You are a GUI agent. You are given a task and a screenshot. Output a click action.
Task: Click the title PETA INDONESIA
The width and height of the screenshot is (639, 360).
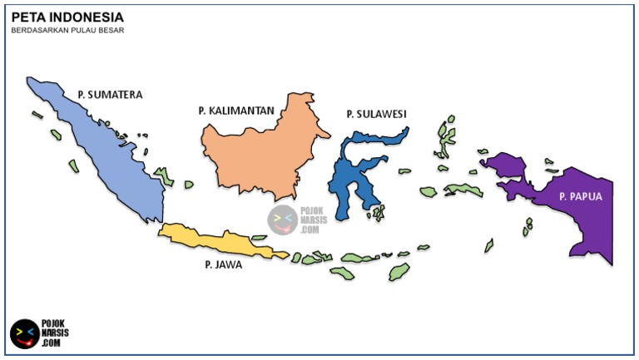coord(67,17)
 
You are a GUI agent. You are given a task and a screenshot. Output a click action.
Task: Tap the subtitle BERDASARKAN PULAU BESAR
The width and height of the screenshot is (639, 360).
coord(67,31)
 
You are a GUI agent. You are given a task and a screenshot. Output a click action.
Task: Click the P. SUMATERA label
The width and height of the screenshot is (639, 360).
coord(110,95)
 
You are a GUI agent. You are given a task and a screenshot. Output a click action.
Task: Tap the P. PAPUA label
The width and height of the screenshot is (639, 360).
coord(581,197)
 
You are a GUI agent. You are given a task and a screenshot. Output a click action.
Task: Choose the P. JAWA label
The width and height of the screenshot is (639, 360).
coord(223,265)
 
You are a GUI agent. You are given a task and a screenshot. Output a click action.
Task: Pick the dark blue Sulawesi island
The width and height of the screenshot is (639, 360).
coord(349,179)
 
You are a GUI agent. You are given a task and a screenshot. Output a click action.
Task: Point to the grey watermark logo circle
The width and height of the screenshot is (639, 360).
coord(282,219)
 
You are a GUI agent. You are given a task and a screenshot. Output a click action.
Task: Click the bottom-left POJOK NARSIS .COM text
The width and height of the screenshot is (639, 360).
coord(55,333)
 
